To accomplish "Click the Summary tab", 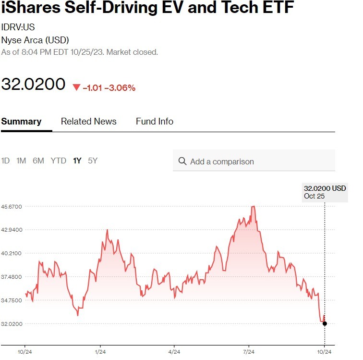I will point(21,122).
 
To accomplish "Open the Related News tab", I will point(88,122).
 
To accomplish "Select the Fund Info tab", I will point(154,122).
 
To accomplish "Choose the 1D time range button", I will point(5,161).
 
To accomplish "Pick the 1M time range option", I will point(21,161).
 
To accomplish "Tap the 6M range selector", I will point(38,161).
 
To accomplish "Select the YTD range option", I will point(59,161).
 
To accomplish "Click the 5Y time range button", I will point(93,161).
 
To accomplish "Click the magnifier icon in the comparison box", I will point(182,161).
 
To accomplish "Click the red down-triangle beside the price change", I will point(76,87).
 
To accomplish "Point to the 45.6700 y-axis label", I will point(12,207).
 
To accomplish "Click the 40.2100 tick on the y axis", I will point(12,253).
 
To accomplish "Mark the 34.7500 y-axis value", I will point(12,300).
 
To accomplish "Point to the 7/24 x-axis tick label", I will point(249,351).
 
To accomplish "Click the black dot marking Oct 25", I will point(325,323).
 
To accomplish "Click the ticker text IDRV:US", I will point(18,27).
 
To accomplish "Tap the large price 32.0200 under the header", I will point(33,84).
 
